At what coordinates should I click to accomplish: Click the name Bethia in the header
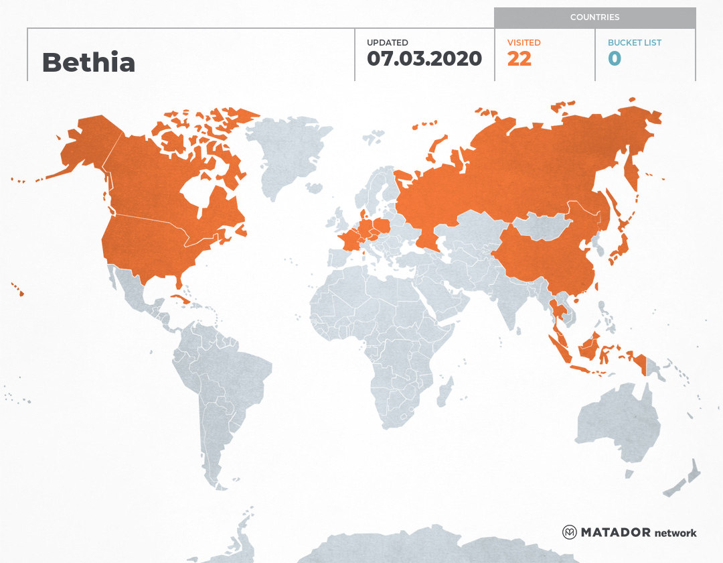(88, 62)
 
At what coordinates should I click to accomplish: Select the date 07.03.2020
(424, 58)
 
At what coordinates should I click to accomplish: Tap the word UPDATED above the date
(387, 42)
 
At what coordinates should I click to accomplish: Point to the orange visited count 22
(519, 59)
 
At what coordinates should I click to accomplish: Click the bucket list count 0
(614, 59)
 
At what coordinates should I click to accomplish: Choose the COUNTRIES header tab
(594, 17)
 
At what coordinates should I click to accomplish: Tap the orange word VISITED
(524, 42)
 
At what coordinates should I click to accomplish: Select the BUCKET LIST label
(634, 42)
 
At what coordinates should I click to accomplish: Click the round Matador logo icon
(570, 532)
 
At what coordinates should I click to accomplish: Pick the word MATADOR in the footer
(615, 533)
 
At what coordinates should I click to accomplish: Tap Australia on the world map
(616, 422)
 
